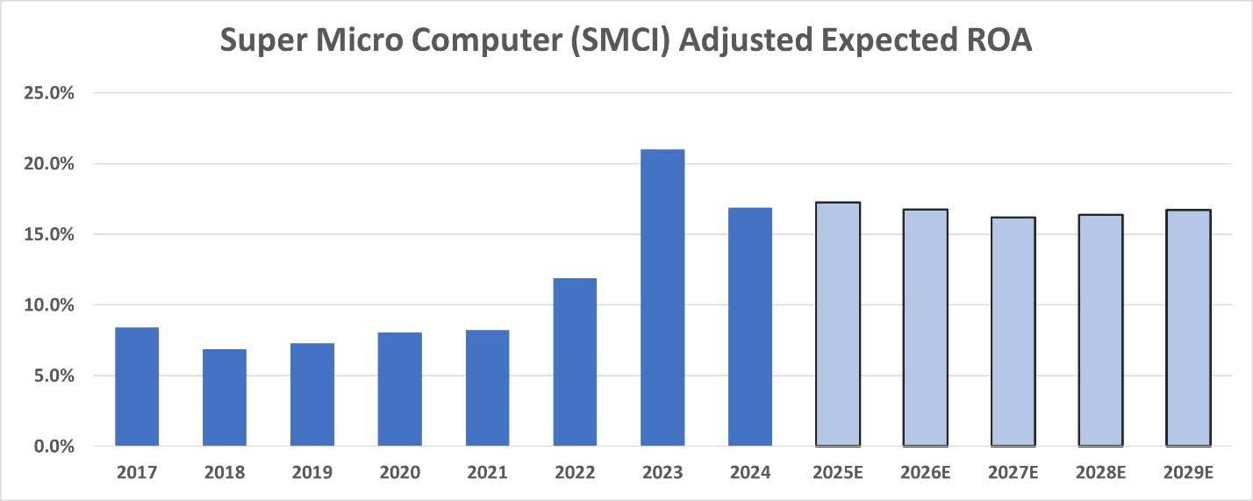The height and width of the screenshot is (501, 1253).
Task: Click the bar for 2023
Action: (x=662, y=298)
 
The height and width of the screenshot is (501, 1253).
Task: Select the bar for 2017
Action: (x=137, y=387)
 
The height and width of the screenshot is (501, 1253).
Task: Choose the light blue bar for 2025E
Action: (x=838, y=325)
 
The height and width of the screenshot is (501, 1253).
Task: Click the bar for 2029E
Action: (x=1189, y=328)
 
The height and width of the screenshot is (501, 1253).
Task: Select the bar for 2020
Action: (x=400, y=390)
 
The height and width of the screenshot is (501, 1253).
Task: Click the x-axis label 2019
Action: (x=312, y=473)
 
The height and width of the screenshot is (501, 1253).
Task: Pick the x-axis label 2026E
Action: (x=926, y=473)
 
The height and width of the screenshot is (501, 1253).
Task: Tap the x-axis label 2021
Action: (x=488, y=473)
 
